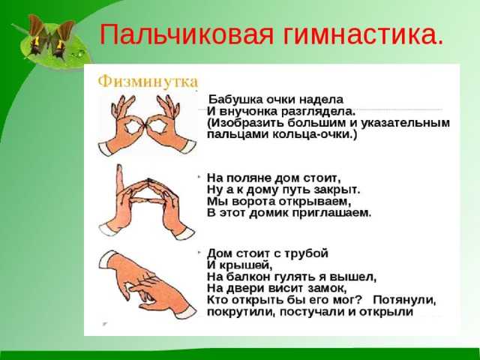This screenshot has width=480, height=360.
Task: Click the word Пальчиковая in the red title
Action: [x=187, y=34]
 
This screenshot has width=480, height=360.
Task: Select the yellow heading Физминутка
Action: [x=148, y=82]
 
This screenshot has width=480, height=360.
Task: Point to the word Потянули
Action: [x=404, y=300]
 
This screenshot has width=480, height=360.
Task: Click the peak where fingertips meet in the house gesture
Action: [x=148, y=179]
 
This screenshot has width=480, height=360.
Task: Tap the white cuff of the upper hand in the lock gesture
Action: [x=107, y=259]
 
